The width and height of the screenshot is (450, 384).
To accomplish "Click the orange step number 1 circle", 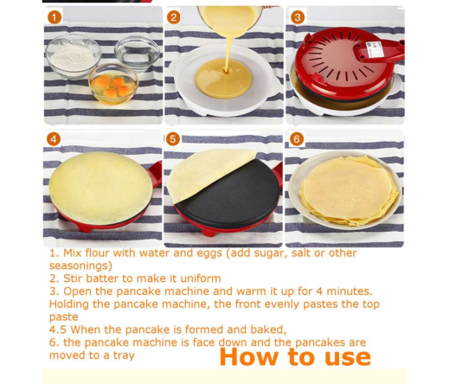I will click(55, 17).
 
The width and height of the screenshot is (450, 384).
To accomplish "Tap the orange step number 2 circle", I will click(174, 17).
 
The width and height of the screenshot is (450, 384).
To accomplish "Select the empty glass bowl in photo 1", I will click(138, 52).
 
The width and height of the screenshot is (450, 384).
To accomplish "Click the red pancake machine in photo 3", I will click(346, 65).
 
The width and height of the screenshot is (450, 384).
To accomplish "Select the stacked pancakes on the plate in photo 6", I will click(344, 190).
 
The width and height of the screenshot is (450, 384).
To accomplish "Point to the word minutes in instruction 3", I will click(344, 291).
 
